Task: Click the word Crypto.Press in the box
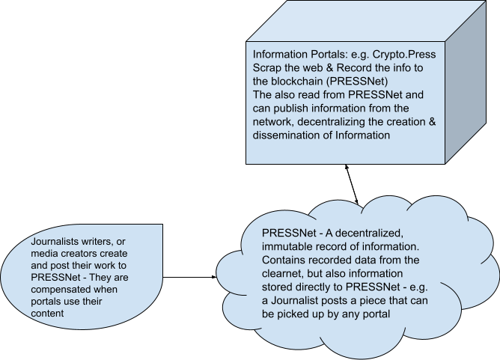pyautogui.click(x=404, y=55)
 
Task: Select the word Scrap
pyautogui.click(x=267, y=68)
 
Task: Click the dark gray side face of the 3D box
pyautogui.click(x=466, y=83)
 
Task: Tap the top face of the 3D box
pyautogui.click(x=366, y=21)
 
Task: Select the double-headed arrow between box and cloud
pyautogui.click(x=352, y=184)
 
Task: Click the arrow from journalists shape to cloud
pyautogui.click(x=189, y=277)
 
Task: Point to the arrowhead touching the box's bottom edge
pyautogui.click(x=346, y=167)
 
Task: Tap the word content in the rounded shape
pyautogui.click(x=47, y=314)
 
